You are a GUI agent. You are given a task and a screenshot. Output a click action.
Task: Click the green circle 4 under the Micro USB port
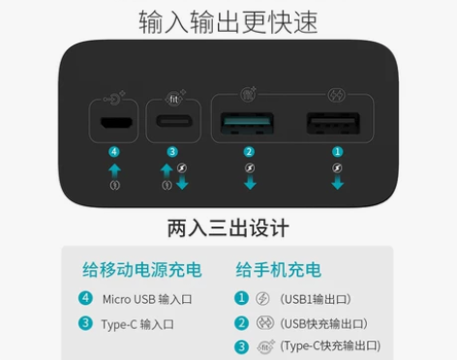coord(115,151)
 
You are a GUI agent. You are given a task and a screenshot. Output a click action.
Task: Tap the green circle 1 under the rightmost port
coord(337,151)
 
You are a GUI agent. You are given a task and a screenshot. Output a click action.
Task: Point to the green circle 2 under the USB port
coord(249,151)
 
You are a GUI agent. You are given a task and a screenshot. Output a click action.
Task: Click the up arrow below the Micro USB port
coord(115,169)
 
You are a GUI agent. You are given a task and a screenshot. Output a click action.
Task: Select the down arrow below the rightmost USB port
coord(337,183)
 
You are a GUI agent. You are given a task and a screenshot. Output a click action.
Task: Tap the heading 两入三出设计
coord(228,229)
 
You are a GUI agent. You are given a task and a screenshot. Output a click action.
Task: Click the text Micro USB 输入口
coord(143,299)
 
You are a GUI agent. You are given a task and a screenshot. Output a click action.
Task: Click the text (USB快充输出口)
coord(323,322)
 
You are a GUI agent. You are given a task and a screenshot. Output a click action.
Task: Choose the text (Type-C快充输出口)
coord(328,345)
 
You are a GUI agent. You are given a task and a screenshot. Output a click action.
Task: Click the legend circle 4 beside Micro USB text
coord(86,299)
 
